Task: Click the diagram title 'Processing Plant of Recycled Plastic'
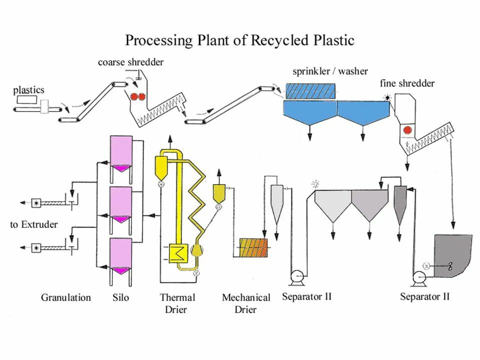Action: tap(239, 40)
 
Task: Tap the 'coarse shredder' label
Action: tap(130, 62)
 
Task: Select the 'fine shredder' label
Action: tap(407, 83)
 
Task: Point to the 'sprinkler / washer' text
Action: tap(330, 71)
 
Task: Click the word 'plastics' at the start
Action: tap(29, 90)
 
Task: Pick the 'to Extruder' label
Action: tap(33, 224)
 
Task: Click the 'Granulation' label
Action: tap(66, 297)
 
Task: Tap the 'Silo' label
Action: tap(120, 297)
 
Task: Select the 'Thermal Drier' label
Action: tap(177, 303)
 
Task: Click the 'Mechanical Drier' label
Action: tap(246, 303)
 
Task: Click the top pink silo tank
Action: tap(121, 154)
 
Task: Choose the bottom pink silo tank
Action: tap(121, 256)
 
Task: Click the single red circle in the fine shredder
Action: tap(407, 130)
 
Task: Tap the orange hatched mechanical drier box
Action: tap(253, 247)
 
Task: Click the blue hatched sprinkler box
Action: tap(310, 91)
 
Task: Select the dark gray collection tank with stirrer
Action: tap(453, 256)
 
